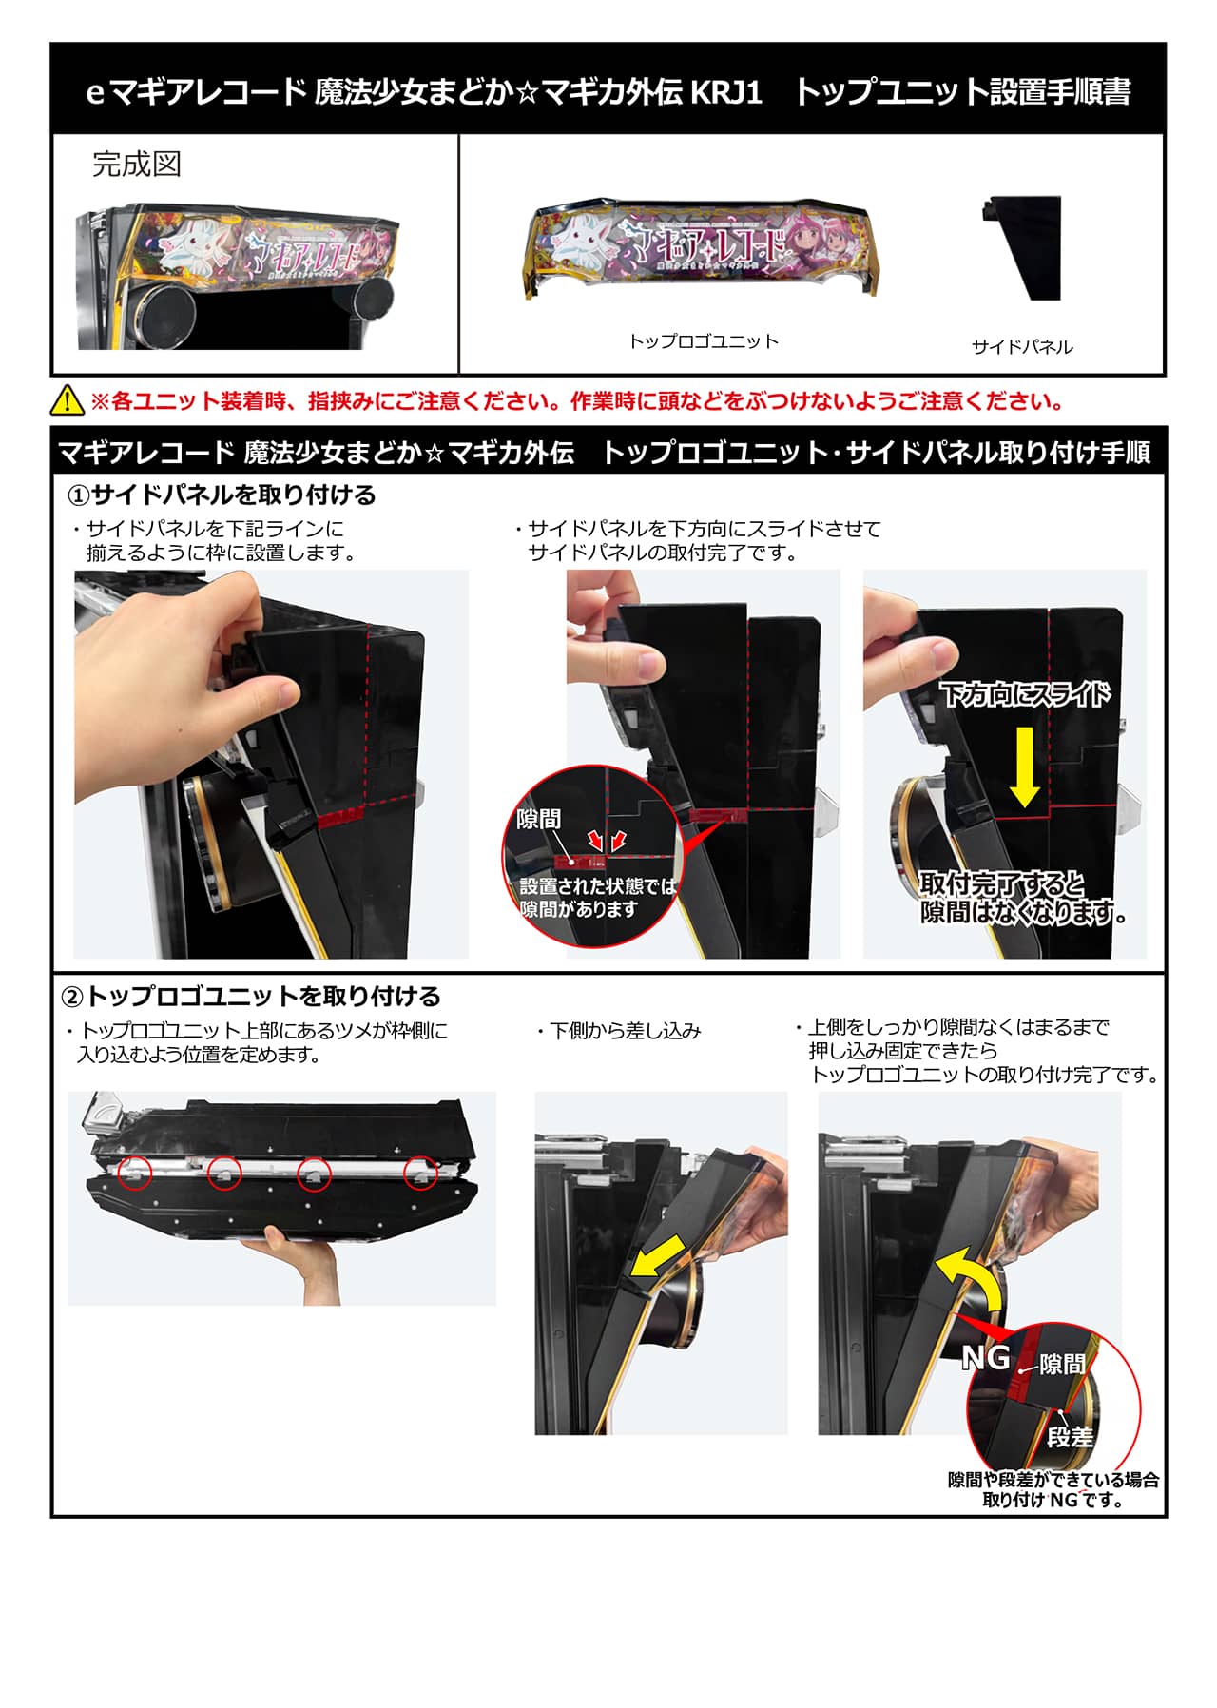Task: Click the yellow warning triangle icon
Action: click(67, 400)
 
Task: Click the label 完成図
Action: click(137, 165)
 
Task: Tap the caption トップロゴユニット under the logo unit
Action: click(704, 341)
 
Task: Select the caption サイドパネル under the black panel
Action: click(1022, 347)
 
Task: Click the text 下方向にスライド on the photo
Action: click(1025, 694)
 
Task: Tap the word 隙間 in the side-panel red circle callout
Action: click(539, 820)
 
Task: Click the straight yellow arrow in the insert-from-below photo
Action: click(662, 1257)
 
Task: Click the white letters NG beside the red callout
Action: click(985, 1357)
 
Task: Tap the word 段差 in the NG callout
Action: click(1070, 1437)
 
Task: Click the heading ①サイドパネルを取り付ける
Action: click(222, 495)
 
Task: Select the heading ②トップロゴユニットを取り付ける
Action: click(251, 997)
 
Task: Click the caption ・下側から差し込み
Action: click(618, 1031)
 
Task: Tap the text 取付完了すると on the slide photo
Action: click(1002, 884)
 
